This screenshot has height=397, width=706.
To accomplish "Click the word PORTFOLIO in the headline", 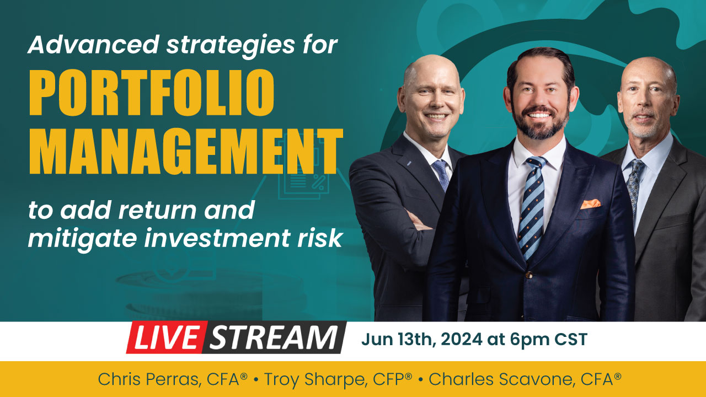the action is coord(152,93).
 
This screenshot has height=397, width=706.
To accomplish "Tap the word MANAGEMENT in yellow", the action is coord(186,152).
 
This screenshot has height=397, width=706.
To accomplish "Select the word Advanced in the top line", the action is coord(93,44).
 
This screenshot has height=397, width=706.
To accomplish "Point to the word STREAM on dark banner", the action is coord(274,337).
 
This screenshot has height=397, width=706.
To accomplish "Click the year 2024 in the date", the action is coord(462,339).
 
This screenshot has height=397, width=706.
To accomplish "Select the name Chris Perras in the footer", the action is coord(149,379).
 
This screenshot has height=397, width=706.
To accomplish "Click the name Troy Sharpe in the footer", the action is coord(315,380).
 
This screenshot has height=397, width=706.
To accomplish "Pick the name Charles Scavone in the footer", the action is coord(500,379).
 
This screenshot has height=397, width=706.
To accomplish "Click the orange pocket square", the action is coord(590,204).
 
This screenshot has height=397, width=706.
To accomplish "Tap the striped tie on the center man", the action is coord(532,208).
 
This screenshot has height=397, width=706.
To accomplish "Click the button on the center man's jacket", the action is coord(529,275).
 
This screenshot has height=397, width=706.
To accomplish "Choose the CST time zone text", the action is coord(571,339).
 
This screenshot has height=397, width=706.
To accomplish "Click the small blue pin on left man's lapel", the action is coord(409,163).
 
